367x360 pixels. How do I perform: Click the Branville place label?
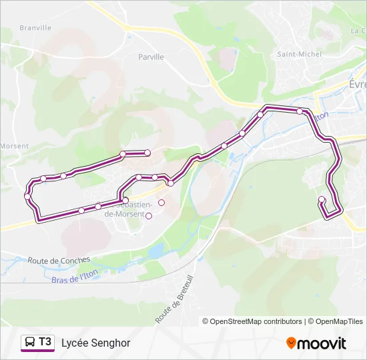35,28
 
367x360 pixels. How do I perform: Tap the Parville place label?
151,57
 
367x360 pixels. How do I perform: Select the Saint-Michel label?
300,54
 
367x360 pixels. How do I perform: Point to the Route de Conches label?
59,260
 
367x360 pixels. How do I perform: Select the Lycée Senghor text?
95,343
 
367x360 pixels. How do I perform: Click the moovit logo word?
322,343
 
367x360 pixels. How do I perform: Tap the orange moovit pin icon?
291,343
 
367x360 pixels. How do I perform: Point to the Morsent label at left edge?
14,146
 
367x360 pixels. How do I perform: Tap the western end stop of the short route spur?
123,154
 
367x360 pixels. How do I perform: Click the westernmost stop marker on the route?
27,195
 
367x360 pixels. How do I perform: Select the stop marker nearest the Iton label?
300,111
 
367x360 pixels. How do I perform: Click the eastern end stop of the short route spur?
147,153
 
